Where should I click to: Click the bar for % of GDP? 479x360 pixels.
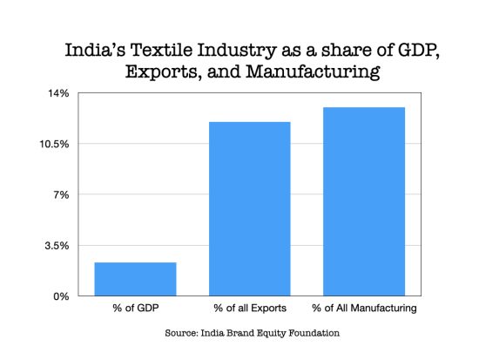point(135,279)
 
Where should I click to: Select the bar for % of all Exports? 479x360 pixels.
point(250,209)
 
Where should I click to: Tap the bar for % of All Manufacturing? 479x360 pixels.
point(364,201)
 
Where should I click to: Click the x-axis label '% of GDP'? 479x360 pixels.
point(135,309)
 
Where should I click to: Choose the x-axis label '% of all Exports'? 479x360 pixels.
point(250,309)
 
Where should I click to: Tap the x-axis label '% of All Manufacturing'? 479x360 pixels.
point(364,309)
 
